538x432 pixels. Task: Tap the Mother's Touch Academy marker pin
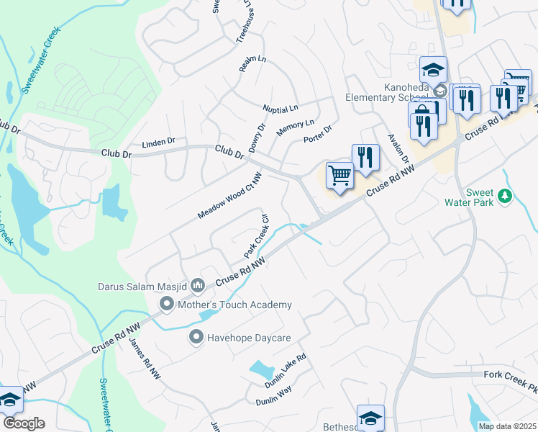[x=167, y=305]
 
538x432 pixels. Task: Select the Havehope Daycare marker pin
[x=196, y=336]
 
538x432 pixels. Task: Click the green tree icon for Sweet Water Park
[x=505, y=195]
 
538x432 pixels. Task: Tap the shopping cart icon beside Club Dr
[x=339, y=176]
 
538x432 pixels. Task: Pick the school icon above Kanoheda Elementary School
[x=433, y=71]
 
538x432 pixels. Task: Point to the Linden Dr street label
[x=158, y=142]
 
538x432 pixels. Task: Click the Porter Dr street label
[x=317, y=134]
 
